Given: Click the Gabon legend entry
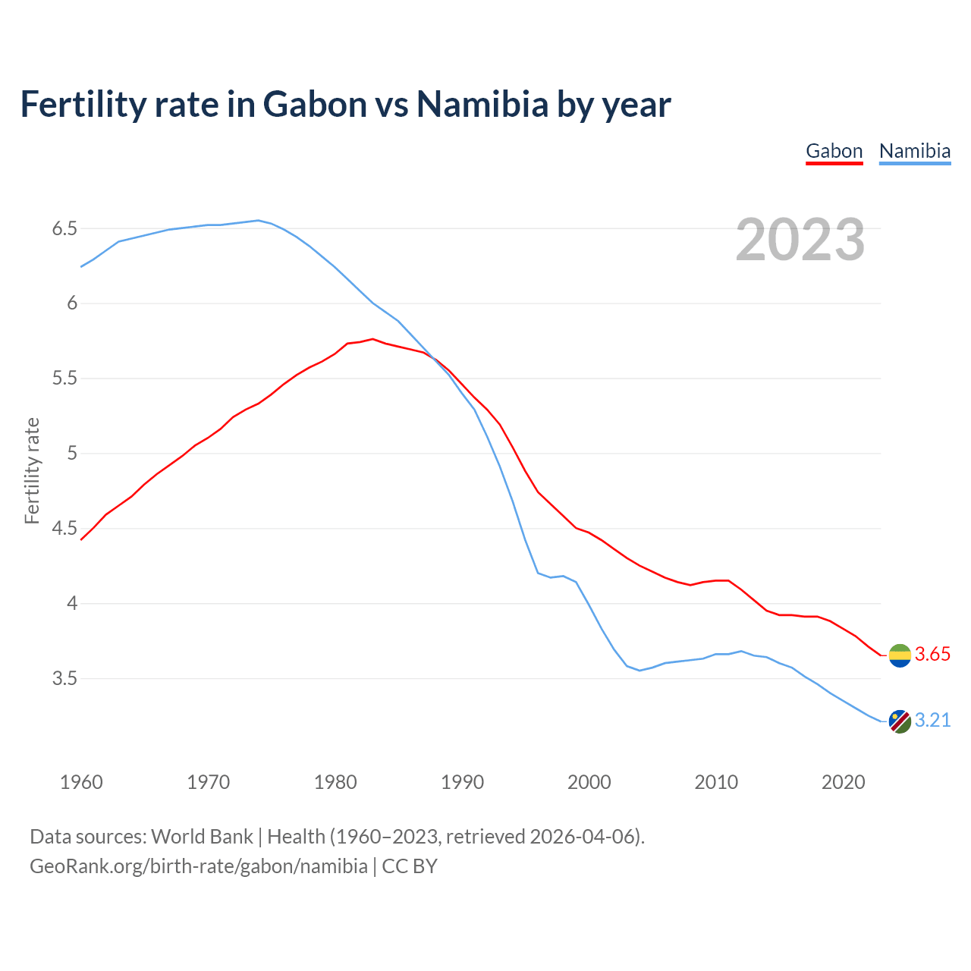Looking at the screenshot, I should pos(834,151).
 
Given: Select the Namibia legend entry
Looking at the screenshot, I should pos(914,151).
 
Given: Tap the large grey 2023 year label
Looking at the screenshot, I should pos(800,240).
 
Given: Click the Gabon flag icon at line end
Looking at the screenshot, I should pos(900,655).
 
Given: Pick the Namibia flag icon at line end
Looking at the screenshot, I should pos(900,721).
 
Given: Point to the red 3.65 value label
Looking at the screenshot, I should pos(932,655).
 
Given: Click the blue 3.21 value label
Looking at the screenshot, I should pos(932,721).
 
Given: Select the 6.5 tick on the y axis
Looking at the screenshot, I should pos(64,228).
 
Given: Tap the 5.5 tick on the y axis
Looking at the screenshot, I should pos(64,378).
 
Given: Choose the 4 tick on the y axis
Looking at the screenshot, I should pos(72,604).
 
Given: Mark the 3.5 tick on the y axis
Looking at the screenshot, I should pos(64,678).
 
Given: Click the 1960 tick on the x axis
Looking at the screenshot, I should pos(81,782).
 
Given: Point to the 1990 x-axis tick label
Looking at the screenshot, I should pos(462,782).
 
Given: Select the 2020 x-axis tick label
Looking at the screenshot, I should pos(843,782).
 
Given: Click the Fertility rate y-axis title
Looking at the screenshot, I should pos(32,470).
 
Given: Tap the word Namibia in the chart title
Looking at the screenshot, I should pos(482,104).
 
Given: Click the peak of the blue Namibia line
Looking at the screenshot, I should pos(258,220).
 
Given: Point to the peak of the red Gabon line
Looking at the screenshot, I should pos(372,339).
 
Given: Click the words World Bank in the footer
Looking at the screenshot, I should pos(202,837).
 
